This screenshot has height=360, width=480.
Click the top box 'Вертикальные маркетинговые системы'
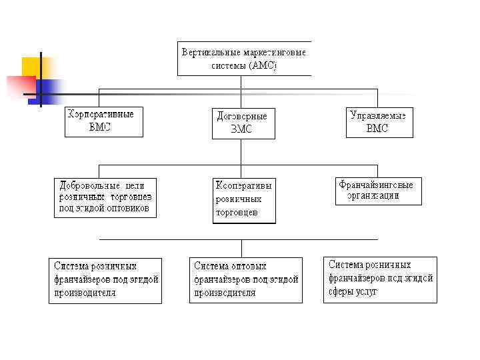pyautogui.click(x=244, y=59)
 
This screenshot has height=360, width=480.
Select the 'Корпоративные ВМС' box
pyautogui.click(x=103, y=121)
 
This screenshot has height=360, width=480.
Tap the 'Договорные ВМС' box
pyautogui.click(x=243, y=123)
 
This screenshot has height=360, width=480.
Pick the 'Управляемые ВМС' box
pyautogui.click(x=379, y=121)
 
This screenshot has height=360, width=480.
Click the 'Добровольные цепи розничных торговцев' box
pyautogui.click(x=107, y=197)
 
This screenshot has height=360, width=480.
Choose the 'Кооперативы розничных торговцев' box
pyautogui.click(x=244, y=199)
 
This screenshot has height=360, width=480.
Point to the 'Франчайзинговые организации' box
pyautogui.click(x=378, y=191)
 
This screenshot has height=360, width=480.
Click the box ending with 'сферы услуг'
pyautogui.click(x=380, y=279)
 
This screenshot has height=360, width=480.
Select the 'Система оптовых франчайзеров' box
pyautogui.click(x=246, y=280)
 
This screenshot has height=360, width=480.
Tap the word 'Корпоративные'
pyautogui.click(x=101, y=114)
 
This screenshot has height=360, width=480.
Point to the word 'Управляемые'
pyautogui.click(x=378, y=115)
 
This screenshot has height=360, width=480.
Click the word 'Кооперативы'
pyautogui.click(x=243, y=185)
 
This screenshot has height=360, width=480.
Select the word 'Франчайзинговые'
pyautogui.click(x=376, y=185)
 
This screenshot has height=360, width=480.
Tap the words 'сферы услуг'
pyautogui.click(x=353, y=291)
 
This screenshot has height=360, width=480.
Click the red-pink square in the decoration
pyautogui.click(x=20, y=87)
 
